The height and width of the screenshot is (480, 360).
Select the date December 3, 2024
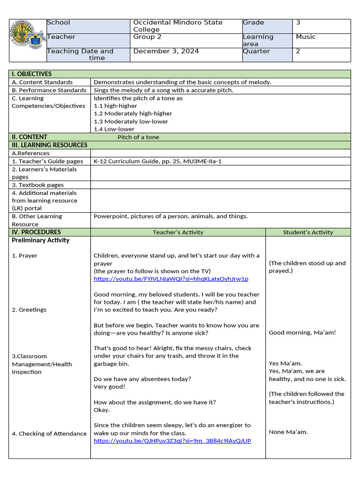166,51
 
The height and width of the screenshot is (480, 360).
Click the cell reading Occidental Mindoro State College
178,26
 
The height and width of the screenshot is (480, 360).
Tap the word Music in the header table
306,37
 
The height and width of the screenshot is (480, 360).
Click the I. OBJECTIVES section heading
32,74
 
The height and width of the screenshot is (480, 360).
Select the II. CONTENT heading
30,137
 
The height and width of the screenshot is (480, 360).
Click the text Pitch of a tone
138,137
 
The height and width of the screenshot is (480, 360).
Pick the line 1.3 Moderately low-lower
131,121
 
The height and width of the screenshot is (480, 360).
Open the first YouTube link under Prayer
171,279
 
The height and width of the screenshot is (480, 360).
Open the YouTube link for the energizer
172,441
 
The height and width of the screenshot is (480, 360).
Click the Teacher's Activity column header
178,232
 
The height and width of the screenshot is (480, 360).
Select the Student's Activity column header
308,232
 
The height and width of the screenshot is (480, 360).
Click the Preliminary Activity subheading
41,240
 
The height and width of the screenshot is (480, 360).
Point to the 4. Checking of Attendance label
49,434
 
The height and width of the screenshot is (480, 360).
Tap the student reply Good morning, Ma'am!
302,333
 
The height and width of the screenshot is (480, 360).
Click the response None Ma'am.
288,432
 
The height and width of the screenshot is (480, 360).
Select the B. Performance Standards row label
49,90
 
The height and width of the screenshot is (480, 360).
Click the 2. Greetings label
29,310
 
